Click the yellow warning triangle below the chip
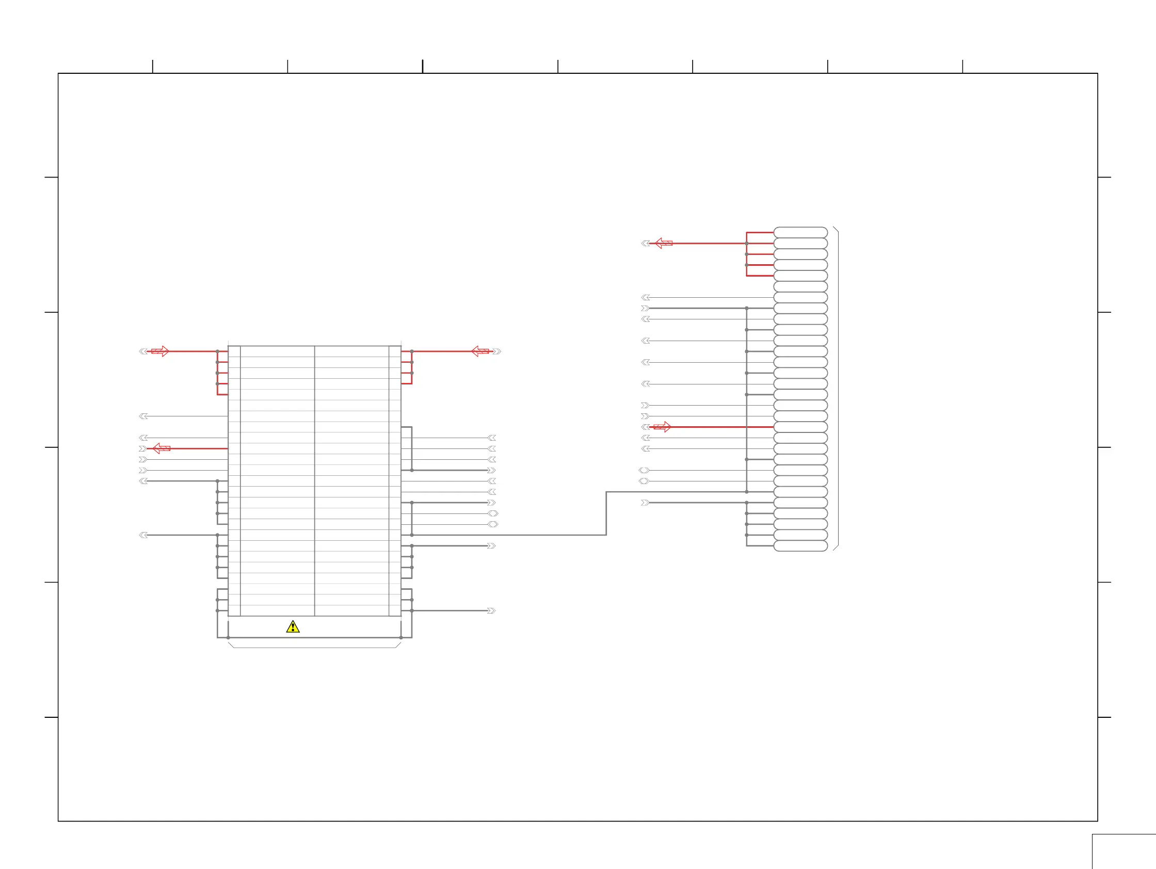click(x=293, y=626)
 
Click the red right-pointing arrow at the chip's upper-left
click(x=160, y=351)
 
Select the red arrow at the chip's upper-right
click(x=480, y=351)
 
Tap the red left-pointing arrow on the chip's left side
click(x=161, y=448)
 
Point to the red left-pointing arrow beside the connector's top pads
click(x=663, y=243)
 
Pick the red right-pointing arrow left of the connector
click(x=663, y=427)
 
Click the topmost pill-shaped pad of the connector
click(x=800, y=232)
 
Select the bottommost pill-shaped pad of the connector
click(x=800, y=546)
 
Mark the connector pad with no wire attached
click(x=800, y=286)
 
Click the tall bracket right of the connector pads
click(x=838, y=389)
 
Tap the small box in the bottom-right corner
click(x=1123, y=852)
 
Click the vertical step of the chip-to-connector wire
click(x=606, y=513)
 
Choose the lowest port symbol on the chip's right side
click(x=491, y=610)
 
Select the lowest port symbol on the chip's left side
click(x=143, y=535)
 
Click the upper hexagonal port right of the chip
click(x=493, y=513)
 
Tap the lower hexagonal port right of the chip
click(x=493, y=524)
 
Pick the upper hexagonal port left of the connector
click(x=644, y=470)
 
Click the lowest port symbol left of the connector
click(x=645, y=503)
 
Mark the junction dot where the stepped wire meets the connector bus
click(x=747, y=492)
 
